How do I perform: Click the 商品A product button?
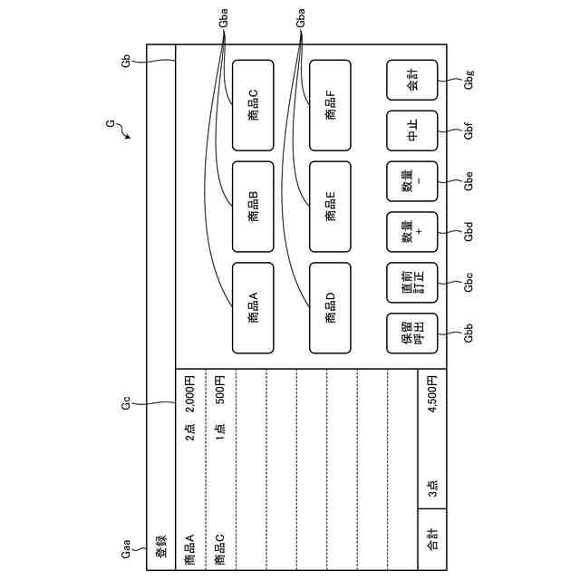(254, 308)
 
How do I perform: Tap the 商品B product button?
(254, 207)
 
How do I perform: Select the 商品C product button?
(254, 105)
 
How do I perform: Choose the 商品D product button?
(331, 308)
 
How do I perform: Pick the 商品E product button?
(331, 207)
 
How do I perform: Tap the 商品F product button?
(331, 105)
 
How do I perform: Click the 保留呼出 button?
(412, 333)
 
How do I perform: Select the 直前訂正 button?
(412, 283)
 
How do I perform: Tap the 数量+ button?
(412, 232)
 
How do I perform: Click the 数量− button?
(412, 181)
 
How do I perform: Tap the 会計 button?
(412, 81)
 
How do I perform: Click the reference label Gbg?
(469, 82)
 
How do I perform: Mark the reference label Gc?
(127, 403)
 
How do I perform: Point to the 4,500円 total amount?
(432, 397)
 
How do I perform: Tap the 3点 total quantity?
(432, 489)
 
